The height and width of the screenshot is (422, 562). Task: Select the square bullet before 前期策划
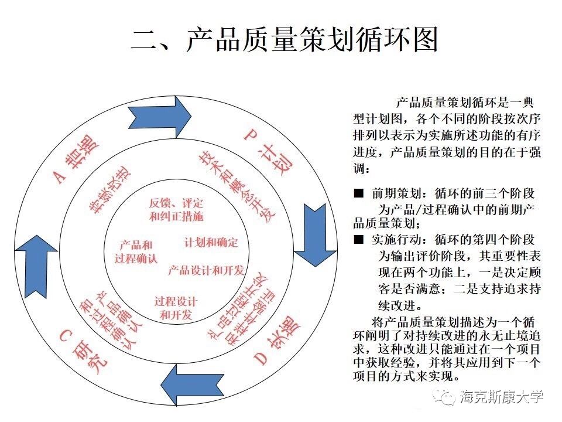coord(358,193)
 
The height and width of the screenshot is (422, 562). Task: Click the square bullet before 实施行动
coord(358,239)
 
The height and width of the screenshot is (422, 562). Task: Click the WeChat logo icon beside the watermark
coord(446,397)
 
